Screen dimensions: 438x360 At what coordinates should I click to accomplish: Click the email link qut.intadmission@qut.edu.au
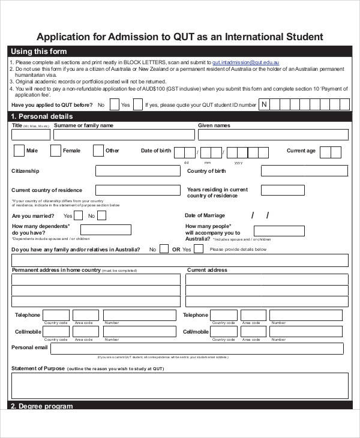[246, 62]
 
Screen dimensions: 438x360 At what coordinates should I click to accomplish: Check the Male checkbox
[19, 151]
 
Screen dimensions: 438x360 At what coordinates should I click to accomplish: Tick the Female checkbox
[56, 151]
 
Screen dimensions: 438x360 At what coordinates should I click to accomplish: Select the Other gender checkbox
[98, 151]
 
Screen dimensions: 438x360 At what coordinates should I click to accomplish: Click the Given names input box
[273, 135]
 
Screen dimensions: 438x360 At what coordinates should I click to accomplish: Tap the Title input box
[30, 135]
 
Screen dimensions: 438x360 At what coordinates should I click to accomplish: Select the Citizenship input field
[138, 171]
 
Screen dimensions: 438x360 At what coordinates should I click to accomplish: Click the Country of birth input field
[304, 171]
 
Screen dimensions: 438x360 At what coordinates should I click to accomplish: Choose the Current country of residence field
[138, 190]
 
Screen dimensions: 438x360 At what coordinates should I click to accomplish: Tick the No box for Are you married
[103, 215]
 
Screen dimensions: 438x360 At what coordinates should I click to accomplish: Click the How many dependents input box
[106, 230]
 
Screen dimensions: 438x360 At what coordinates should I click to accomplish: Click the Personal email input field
[197, 349]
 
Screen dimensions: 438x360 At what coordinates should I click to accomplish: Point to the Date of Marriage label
[205, 215]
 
